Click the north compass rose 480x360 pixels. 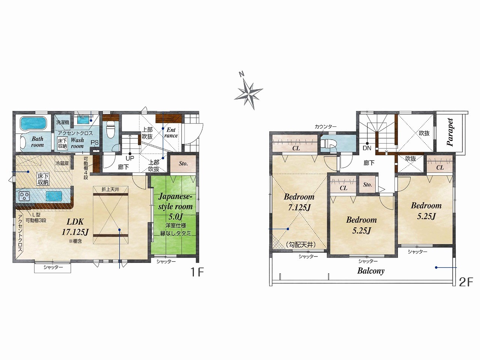tap(248, 91)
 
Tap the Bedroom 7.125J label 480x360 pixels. tap(299, 202)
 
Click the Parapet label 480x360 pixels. tap(450, 132)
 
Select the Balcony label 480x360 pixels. tap(370, 271)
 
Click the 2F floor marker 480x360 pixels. tap(466, 282)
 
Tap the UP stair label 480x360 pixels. tap(130, 158)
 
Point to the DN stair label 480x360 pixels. tap(367, 148)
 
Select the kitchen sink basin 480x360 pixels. tap(54, 196)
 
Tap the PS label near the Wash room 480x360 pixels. tap(94, 142)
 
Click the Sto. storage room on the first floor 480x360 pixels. tap(183, 163)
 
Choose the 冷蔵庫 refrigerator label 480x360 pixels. tap(62, 163)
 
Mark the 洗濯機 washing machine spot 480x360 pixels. tap(63, 122)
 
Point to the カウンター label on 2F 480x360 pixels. tap(325, 126)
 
